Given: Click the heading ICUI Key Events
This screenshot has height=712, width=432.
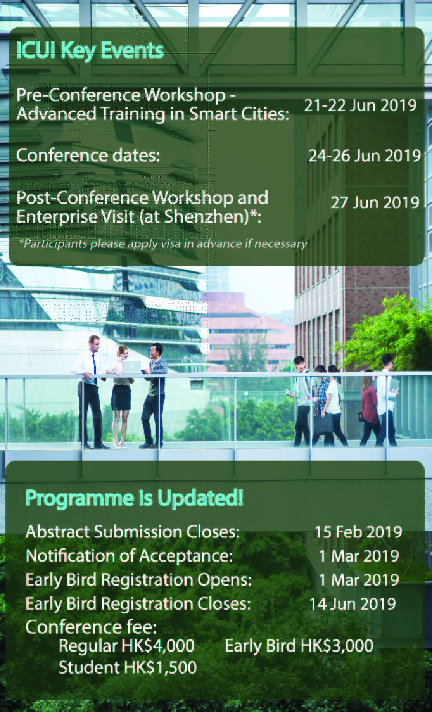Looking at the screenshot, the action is pos(90,51).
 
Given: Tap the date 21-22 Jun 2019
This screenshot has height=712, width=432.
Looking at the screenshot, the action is pos(360,105).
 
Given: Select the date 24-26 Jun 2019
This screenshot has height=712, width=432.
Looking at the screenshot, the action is pos(364,156).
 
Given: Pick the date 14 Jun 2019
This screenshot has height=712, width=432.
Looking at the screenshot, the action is pos(353,604).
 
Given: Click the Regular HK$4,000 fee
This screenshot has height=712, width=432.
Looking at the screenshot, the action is pos(126,646).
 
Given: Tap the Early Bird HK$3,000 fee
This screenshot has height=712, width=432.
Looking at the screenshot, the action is pos(299,646).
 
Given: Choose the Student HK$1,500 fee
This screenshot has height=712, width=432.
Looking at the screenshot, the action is pos(127,667).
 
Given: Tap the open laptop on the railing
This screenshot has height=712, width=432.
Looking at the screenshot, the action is pos(132,367).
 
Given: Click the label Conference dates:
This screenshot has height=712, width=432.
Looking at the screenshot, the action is pos(88,156).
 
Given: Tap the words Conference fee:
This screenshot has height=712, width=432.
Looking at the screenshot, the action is pos(91,627).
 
